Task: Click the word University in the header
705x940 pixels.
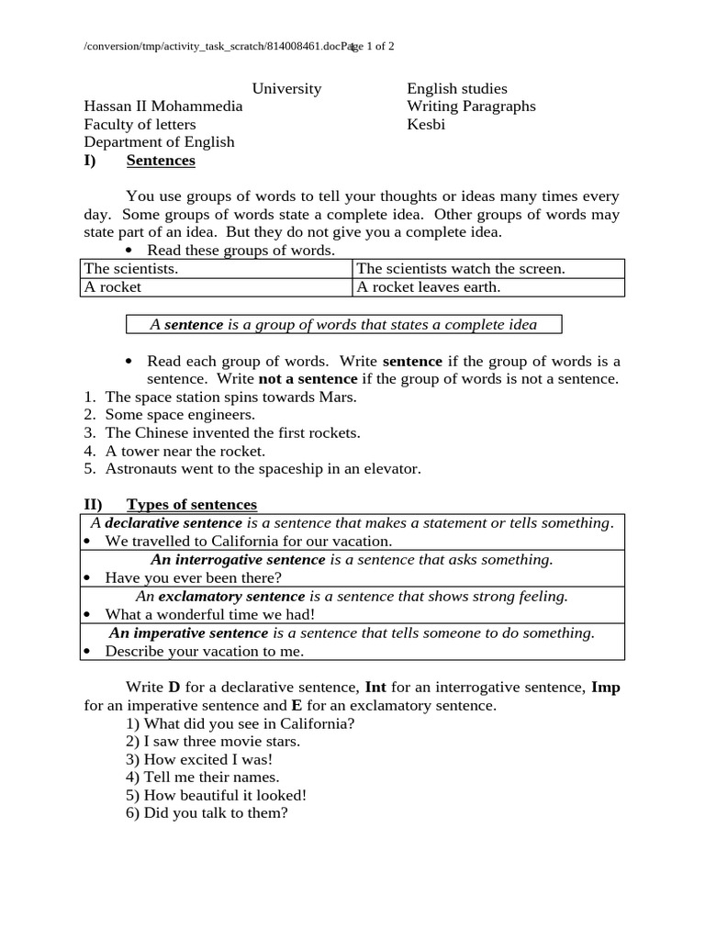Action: pos(286,89)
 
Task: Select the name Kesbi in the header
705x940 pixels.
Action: pos(426,124)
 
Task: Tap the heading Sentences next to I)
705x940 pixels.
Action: pos(161,161)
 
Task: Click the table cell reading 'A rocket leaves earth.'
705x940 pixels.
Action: pos(428,286)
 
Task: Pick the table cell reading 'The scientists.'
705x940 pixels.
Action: pos(130,268)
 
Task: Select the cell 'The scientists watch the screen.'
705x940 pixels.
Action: pos(461,268)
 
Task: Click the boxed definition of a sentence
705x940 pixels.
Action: pos(343,324)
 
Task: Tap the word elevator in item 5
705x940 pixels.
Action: pos(392,468)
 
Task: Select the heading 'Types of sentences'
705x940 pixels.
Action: pos(192,505)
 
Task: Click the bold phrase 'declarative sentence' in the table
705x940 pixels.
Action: pos(173,523)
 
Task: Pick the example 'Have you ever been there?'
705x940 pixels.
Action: pos(193,577)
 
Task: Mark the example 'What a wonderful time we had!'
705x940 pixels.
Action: pos(209,614)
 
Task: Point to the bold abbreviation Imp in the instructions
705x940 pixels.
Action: pos(605,688)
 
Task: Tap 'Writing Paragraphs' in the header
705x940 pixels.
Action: pos(471,106)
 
